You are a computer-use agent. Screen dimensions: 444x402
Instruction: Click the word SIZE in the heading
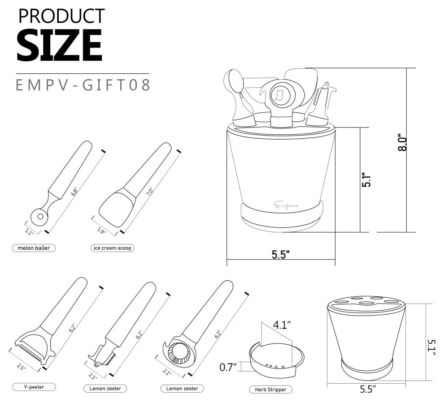tap(59, 45)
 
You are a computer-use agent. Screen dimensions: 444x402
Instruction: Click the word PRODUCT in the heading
tap(61, 16)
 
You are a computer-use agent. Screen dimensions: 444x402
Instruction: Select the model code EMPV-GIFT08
tap(83, 85)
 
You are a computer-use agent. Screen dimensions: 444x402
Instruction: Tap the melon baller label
tap(34, 248)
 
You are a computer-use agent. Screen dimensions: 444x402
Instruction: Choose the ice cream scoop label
tap(113, 248)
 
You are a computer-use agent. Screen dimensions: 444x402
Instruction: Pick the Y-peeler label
tap(34, 387)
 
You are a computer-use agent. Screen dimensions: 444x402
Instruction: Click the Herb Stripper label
tap(270, 389)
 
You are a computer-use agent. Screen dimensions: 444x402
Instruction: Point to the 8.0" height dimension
tap(402, 142)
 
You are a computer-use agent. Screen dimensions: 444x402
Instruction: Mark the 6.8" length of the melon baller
tap(74, 192)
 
